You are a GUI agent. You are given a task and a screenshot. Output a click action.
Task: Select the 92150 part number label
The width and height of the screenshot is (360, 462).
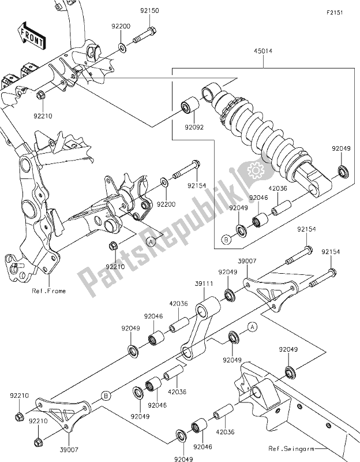[x=148, y=11]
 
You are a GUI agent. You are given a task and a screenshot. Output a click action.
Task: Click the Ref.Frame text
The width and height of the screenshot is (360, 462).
[x=48, y=291]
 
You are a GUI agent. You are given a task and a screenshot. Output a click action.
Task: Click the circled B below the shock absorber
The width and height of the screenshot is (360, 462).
[x=226, y=238]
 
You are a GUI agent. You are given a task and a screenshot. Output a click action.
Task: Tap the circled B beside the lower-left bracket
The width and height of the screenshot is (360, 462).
[x=106, y=396]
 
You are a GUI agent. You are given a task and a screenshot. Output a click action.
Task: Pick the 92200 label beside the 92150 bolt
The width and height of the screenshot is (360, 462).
[x=120, y=27]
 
